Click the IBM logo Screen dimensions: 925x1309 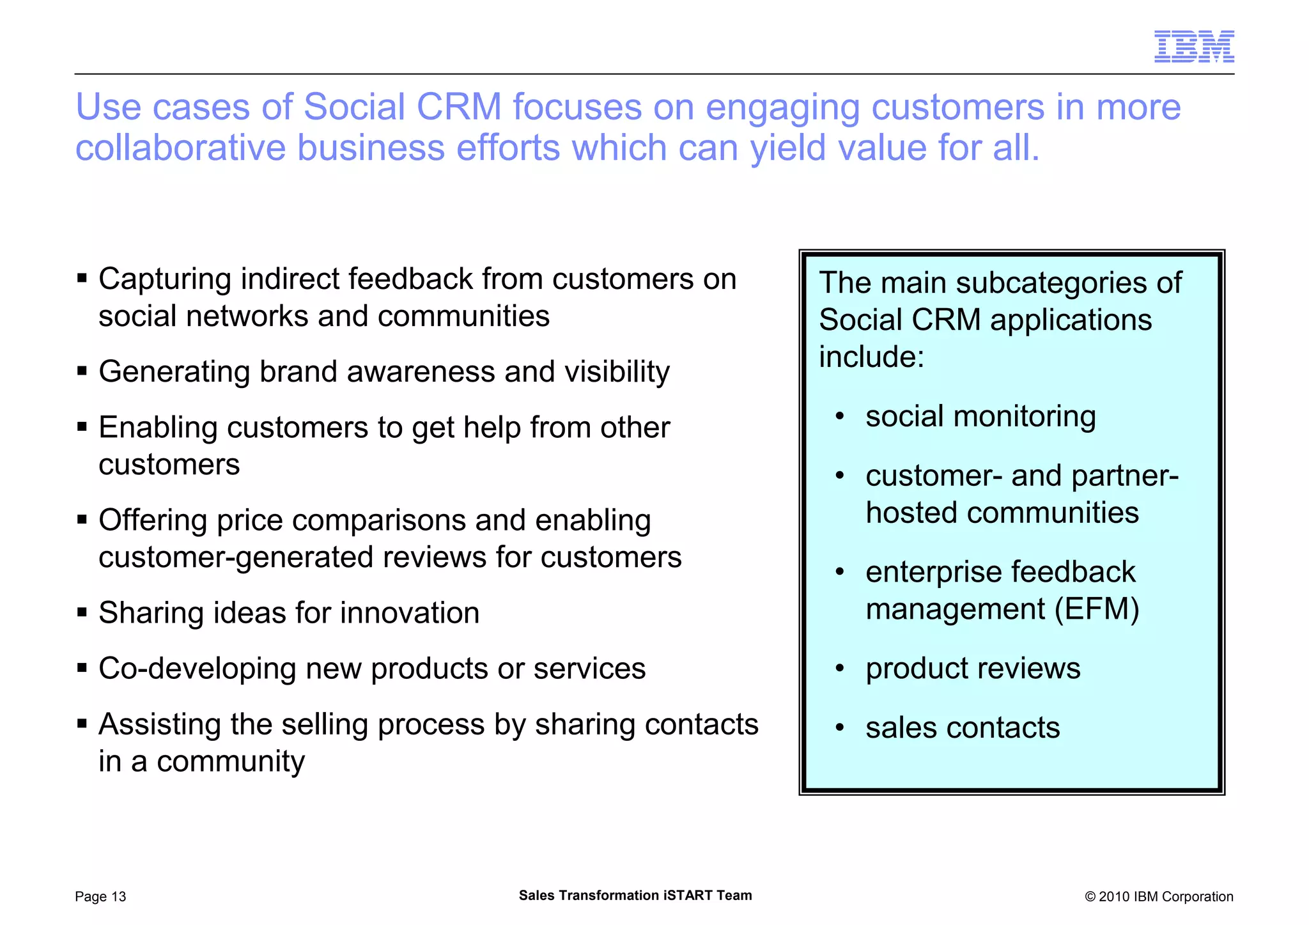[1193, 46]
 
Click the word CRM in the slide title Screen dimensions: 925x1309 [458, 107]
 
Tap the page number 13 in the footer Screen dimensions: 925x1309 [118, 897]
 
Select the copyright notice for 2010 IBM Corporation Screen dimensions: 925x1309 [1158, 897]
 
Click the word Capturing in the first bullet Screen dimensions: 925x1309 [164, 280]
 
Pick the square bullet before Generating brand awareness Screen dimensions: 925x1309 [82, 371]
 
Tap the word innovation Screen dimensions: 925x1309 [409, 613]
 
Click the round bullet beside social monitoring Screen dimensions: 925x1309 [840, 417]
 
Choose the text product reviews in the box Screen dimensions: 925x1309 [972, 669]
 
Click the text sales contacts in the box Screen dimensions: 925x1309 [962, 728]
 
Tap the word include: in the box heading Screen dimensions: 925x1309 [871, 357]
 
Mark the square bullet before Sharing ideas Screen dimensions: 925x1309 [82, 612]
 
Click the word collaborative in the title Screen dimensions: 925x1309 [180, 148]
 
